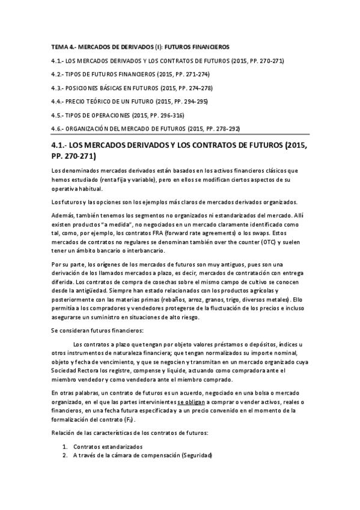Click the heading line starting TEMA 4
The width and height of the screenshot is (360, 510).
[140, 46]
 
